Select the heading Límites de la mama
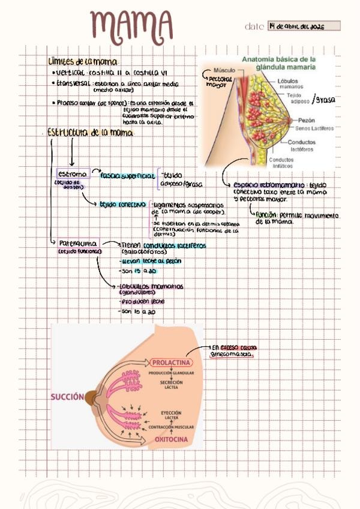[83, 62]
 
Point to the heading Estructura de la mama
[90, 132]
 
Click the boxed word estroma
[73, 173]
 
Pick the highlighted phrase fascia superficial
[127, 175]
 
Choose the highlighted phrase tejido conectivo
[122, 204]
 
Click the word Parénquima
[77, 243]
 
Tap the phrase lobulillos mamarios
[152, 286]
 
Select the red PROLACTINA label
[171, 363]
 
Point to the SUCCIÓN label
[67, 397]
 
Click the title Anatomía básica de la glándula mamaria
[278, 64]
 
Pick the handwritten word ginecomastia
[231, 355]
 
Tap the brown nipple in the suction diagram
[91, 397]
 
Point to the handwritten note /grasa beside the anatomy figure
[326, 99]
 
